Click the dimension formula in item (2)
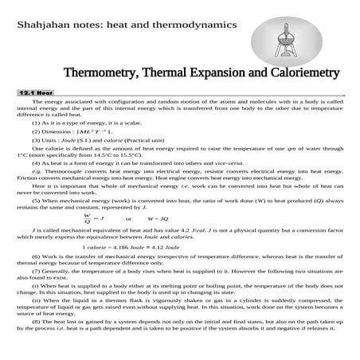[94, 130]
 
